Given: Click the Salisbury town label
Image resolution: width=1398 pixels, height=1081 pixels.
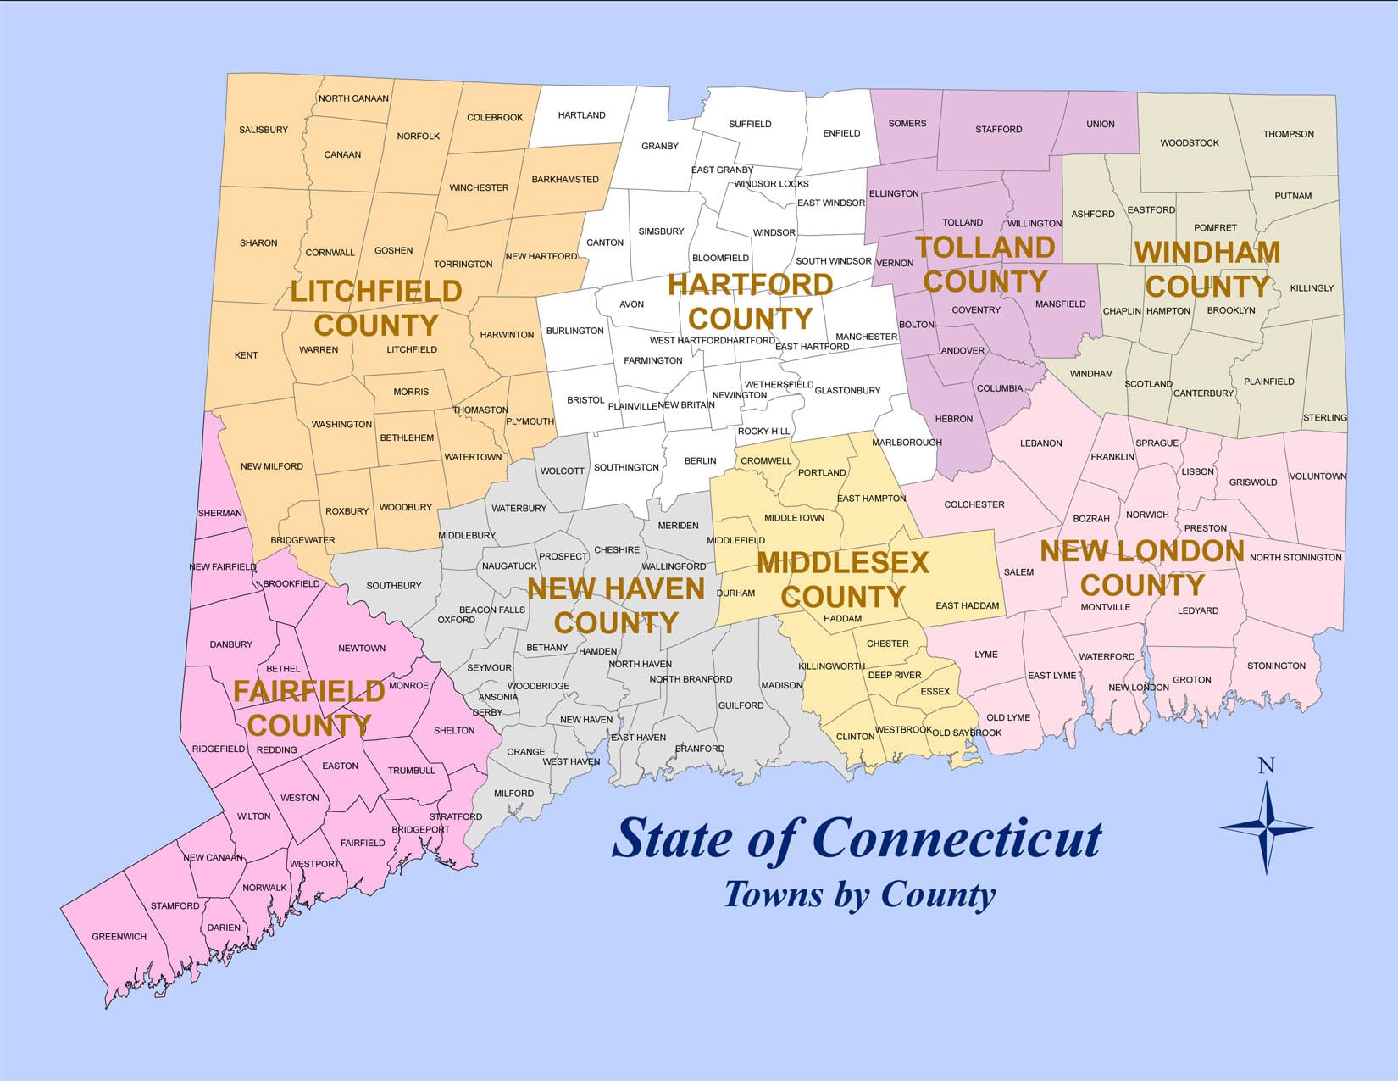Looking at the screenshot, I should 264,130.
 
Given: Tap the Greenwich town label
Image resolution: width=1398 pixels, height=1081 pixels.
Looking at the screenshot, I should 119,937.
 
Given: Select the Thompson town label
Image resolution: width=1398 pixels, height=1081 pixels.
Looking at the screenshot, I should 1288,134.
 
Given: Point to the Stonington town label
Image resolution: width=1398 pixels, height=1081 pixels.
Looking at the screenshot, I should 1276,666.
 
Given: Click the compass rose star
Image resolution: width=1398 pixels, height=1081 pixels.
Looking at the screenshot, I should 1266,827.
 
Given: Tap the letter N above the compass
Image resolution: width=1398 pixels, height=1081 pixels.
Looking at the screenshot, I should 1266,766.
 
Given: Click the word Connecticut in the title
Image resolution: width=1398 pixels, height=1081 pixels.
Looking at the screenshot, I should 957,839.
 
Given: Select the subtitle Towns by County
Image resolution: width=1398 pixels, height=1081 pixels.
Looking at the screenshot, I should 859,895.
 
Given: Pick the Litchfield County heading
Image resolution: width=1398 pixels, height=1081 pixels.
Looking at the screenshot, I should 376,308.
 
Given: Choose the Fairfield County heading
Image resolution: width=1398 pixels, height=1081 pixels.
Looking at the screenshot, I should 309,708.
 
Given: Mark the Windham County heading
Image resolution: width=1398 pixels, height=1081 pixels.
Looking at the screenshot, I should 1207,269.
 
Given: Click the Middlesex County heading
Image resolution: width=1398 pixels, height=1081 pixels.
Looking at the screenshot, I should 843,579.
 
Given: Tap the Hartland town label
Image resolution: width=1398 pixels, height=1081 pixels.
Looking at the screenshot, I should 582,115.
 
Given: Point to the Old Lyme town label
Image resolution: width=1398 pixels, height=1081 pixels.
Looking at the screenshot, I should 1008,717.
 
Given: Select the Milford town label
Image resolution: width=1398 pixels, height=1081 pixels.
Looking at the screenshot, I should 513,794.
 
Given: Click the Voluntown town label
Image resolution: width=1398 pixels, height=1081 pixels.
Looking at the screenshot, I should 1318,476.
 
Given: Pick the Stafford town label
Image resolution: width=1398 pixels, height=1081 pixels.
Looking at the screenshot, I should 998,130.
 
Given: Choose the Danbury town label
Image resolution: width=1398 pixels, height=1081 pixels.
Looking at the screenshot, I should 231,644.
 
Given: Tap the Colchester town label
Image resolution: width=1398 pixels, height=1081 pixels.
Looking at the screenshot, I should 974,504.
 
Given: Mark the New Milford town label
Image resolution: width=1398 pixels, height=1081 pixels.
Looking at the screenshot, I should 272,466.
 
